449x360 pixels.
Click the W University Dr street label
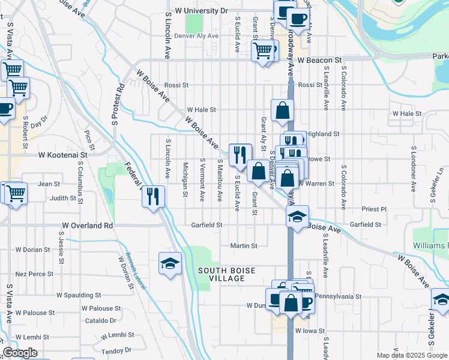[202, 11]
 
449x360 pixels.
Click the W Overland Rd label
[87, 226]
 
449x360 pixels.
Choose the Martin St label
[244, 245]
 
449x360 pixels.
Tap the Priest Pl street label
[374, 209]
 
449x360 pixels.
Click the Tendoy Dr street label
[116, 350]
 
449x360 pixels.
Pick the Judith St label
[64, 197]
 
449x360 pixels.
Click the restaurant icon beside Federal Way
[154, 196]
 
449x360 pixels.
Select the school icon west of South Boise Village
[170, 263]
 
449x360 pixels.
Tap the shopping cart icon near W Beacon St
[263, 50]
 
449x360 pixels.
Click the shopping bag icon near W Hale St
[282, 110]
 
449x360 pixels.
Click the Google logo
[20, 353]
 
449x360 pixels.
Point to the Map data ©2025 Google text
[411, 355]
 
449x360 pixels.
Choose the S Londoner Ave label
[414, 167]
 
